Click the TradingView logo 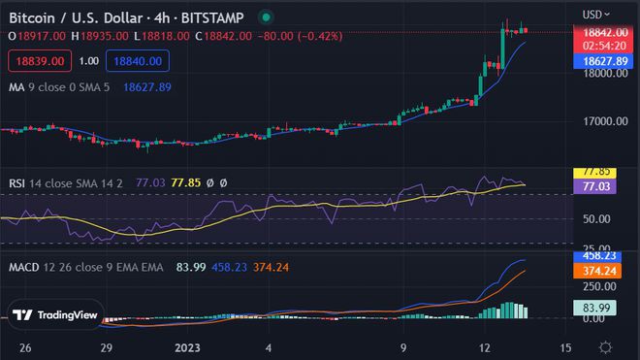(56, 314)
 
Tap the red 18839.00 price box (39, 60)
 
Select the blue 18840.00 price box (141, 60)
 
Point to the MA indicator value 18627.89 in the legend (147, 87)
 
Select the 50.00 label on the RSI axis (596, 219)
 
